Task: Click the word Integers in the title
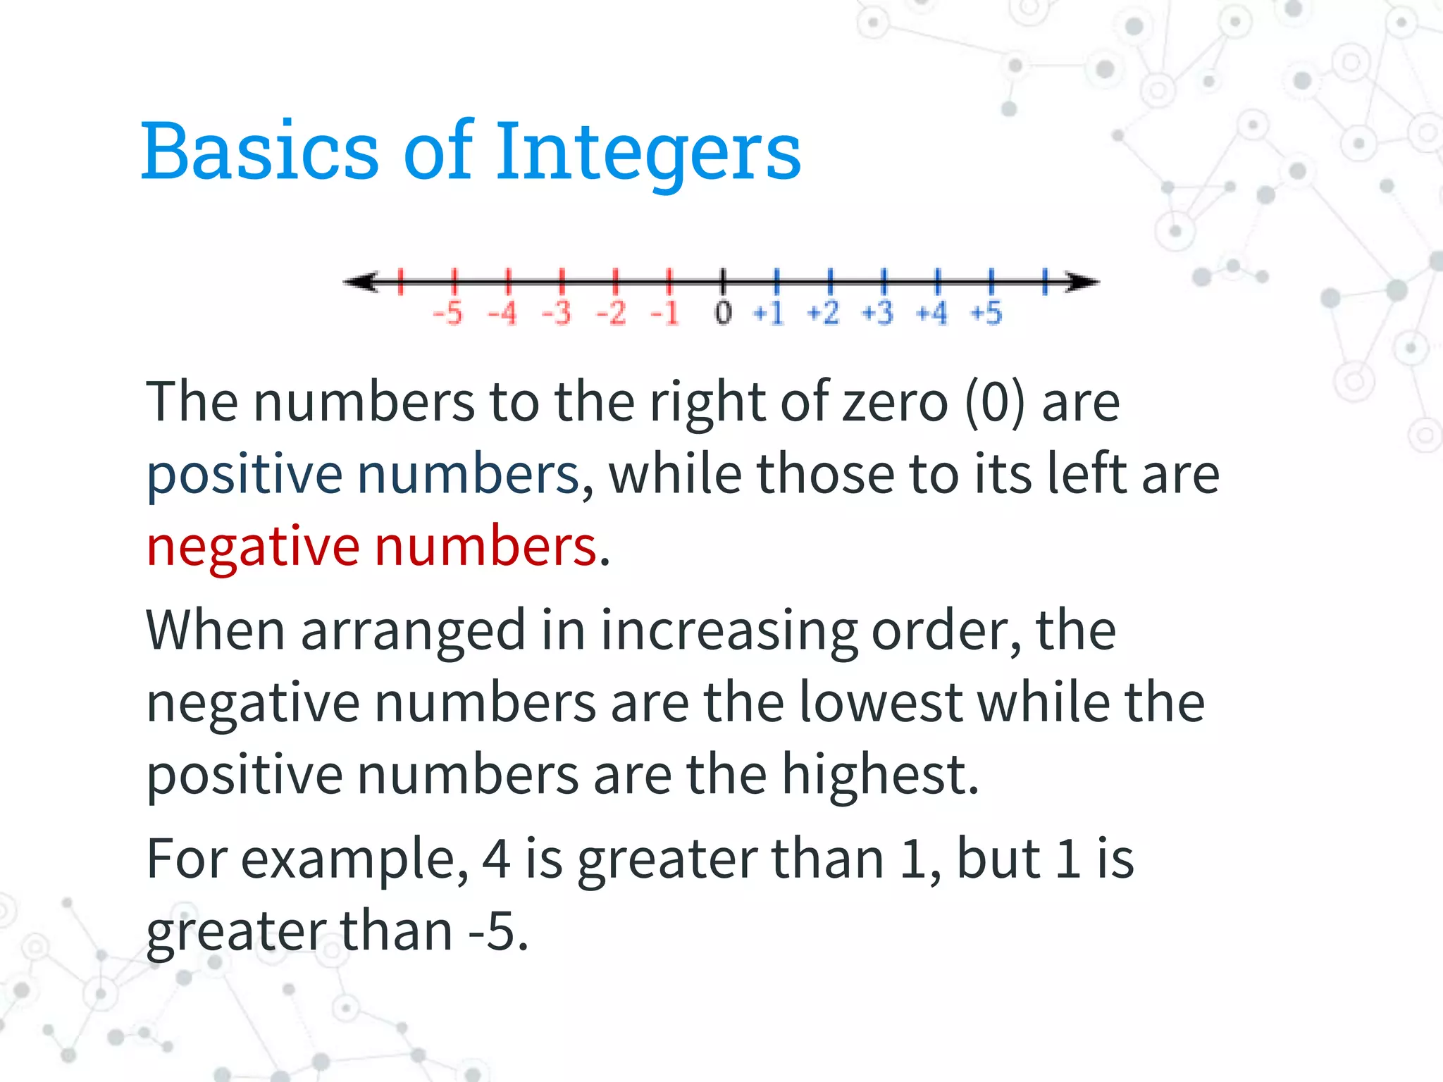[x=648, y=151]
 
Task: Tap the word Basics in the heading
[x=261, y=151]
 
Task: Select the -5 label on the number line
[x=448, y=313]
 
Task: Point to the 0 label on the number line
[x=723, y=313]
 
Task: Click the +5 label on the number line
[x=986, y=313]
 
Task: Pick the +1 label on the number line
[x=769, y=313]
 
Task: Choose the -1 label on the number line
[x=665, y=313]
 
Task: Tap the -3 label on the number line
[x=557, y=313]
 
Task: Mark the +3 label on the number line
[x=878, y=313]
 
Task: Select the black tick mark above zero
[x=723, y=281]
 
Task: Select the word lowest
[x=881, y=703]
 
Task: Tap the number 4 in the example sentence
[x=496, y=859]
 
